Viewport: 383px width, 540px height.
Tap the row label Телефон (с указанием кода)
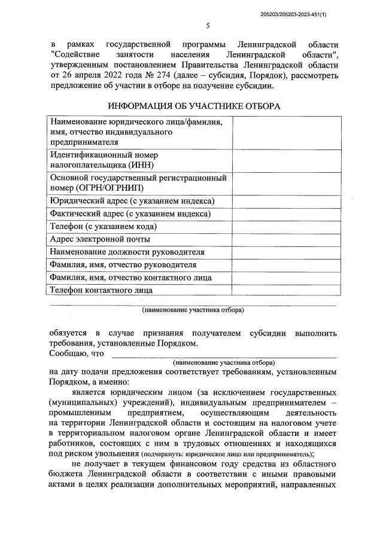tap(104, 227)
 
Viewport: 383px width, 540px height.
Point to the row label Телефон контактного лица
tap(101, 291)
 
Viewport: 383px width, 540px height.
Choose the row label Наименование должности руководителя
tap(127, 252)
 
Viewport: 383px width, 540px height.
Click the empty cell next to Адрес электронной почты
tap(284, 240)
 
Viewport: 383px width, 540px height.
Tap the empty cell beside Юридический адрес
tap(284, 201)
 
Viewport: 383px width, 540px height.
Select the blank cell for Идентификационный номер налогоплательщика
tap(284, 160)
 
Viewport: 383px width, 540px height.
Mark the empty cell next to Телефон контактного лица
tap(284, 291)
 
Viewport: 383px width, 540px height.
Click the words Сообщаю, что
tap(78, 353)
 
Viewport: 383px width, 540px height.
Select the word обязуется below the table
tap(69, 332)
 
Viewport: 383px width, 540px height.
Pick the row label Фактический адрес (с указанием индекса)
tap(130, 214)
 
